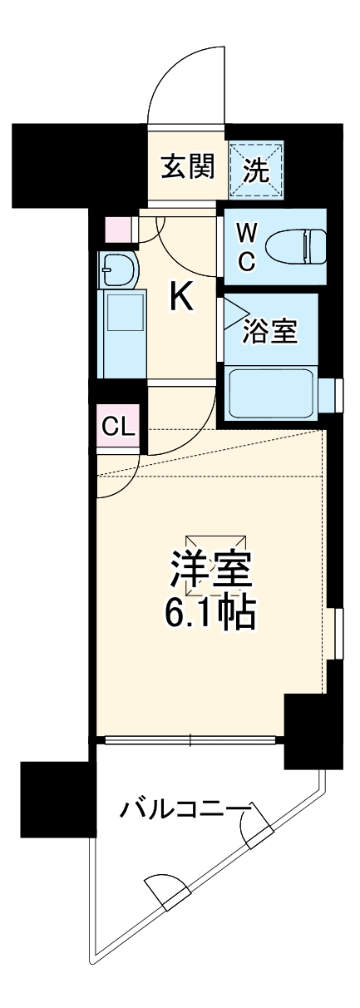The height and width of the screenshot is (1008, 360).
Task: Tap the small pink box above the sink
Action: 117,227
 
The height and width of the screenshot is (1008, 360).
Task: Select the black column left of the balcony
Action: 53,798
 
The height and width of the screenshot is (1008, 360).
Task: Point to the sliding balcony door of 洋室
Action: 191,739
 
